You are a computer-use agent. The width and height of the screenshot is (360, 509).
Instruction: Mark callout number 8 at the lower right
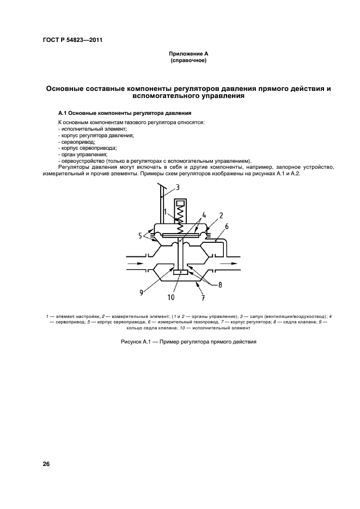point(220,284)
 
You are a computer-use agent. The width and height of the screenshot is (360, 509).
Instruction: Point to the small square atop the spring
point(180,205)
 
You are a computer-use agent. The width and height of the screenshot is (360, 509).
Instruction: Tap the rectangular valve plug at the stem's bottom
point(180,272)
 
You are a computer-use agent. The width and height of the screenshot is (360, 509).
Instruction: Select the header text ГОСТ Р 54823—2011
point(70,41)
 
